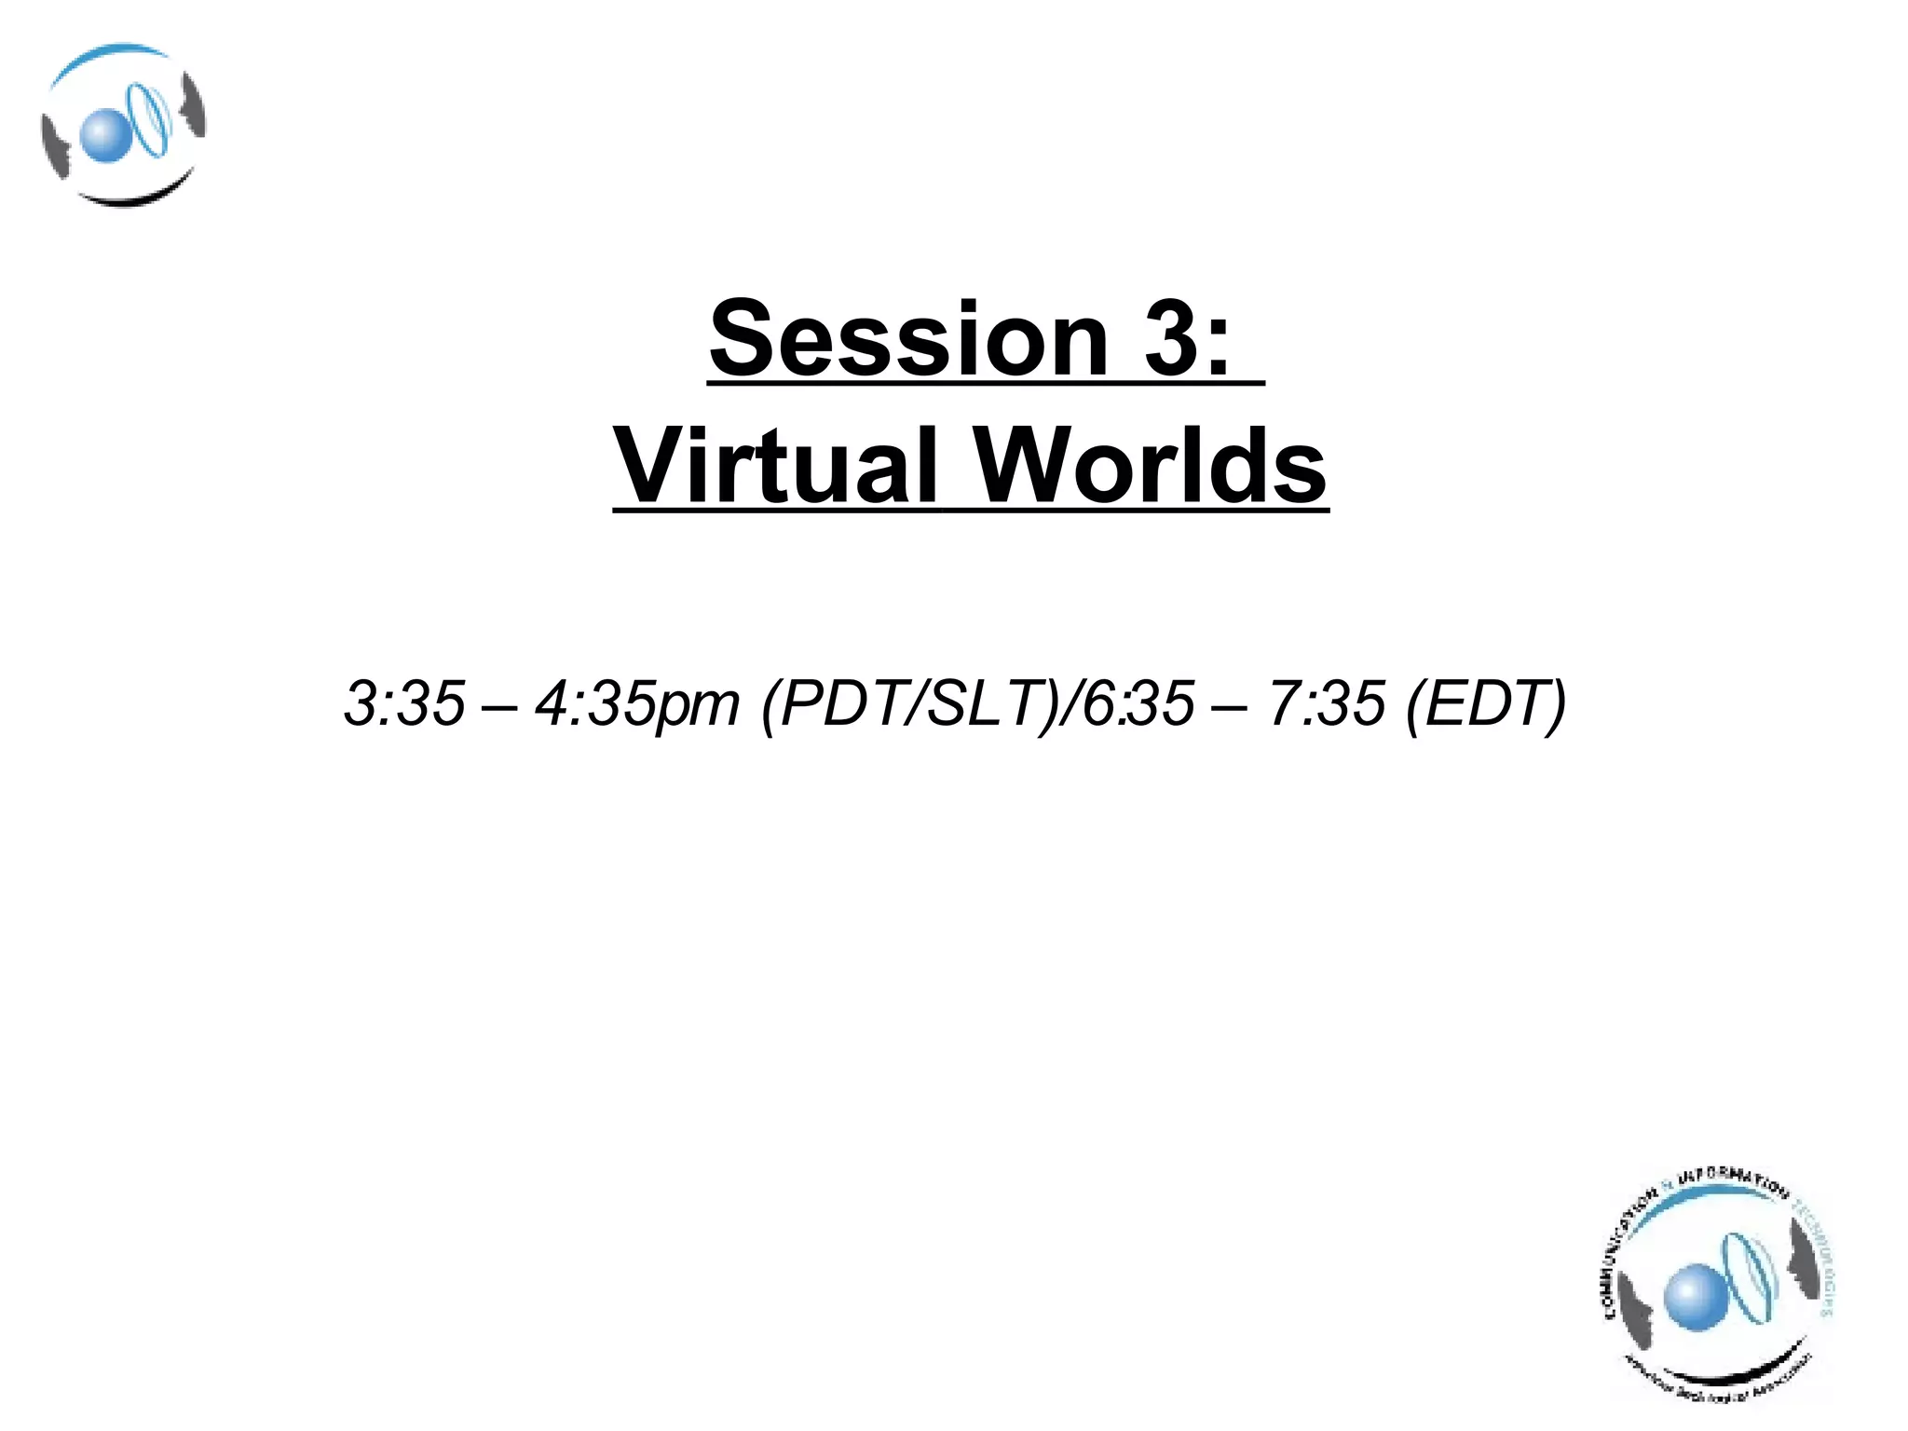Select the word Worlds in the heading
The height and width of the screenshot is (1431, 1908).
click(1151, 465)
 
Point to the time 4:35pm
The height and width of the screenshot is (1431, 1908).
click(637, 704)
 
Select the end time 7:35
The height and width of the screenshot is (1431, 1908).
click(1327, 702)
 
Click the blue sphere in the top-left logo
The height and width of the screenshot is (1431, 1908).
click(102, 136)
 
